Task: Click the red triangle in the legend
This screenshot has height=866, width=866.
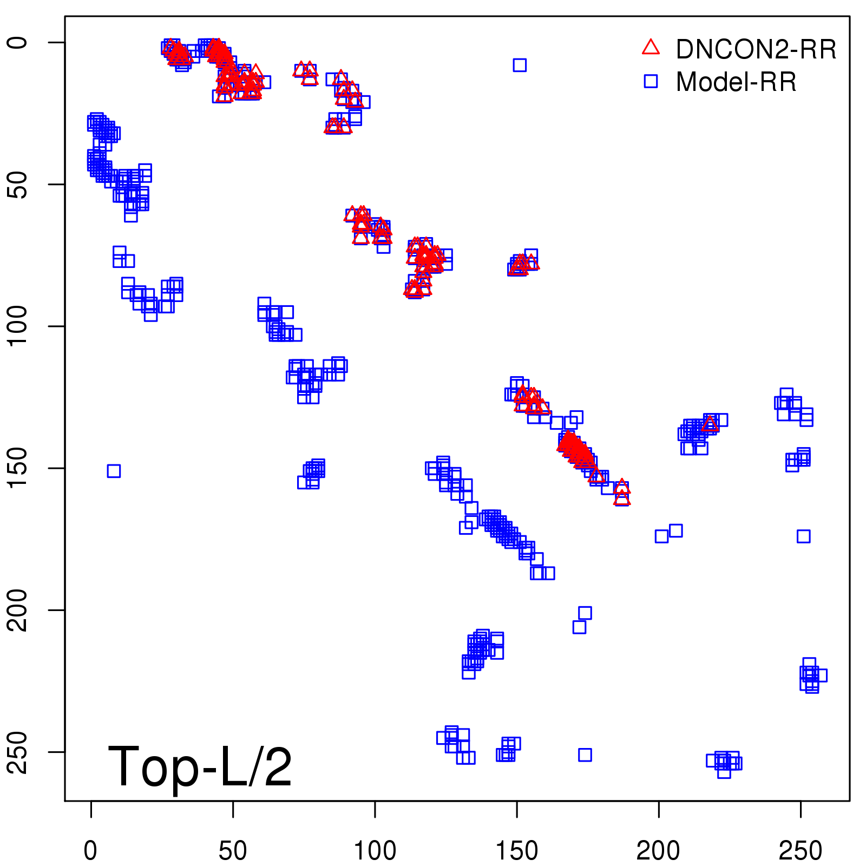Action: [651, 48]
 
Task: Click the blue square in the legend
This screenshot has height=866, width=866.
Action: [651, 81]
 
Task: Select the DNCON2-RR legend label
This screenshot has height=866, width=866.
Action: [756, 50]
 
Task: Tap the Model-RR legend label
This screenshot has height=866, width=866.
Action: [736, 82]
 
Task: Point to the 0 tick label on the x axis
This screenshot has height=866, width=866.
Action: [91, 851]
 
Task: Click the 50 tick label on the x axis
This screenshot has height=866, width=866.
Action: [233, 851]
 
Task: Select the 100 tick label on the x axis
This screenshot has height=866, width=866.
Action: [375, 851]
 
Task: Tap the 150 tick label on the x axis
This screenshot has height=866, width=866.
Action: [517, 851]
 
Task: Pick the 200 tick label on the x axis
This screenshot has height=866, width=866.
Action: [659, 851]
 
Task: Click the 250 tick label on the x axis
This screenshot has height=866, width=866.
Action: [801, 851]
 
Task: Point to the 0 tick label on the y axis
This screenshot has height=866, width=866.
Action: [17, 43]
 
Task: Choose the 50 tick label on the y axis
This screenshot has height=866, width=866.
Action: [17, 185]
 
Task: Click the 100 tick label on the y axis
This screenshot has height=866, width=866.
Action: [17, 326]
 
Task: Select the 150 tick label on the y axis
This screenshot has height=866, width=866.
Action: [17, 468]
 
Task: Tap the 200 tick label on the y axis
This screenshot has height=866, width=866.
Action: [17, 610]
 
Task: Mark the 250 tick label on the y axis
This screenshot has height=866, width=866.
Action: [17, 752]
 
